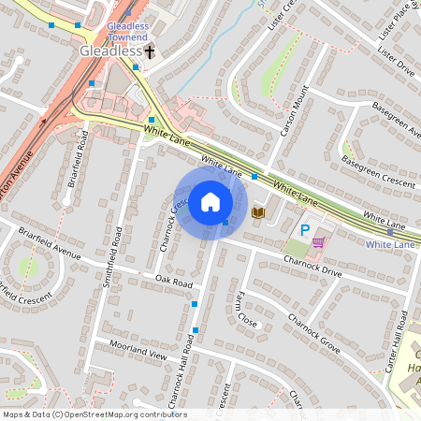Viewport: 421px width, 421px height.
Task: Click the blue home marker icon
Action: point(210,201)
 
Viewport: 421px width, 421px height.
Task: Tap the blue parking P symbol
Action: point(304,229)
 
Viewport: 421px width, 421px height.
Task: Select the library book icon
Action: point(259,213)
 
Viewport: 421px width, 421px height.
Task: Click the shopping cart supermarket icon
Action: point(318,241)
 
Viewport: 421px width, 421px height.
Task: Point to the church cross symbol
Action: point(149,54)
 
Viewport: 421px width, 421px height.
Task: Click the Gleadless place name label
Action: point(110,51)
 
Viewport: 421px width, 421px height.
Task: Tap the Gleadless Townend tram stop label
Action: point(127,32)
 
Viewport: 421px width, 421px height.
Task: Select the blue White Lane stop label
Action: point(390,244)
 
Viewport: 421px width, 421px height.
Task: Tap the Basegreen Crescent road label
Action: point(378,173)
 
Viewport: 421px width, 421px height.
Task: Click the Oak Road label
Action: point(174,282)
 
